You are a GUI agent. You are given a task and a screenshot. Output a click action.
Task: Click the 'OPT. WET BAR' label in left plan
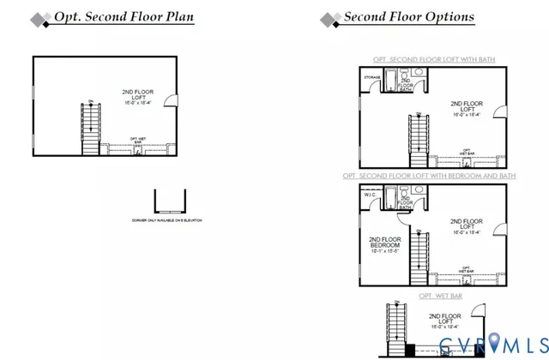[136, 141]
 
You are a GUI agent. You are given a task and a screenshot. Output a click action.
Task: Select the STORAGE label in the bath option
[371, 78]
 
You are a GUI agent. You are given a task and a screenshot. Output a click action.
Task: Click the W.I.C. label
[371, 195]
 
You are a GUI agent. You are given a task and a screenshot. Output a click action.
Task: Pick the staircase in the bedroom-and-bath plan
[418, 257]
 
